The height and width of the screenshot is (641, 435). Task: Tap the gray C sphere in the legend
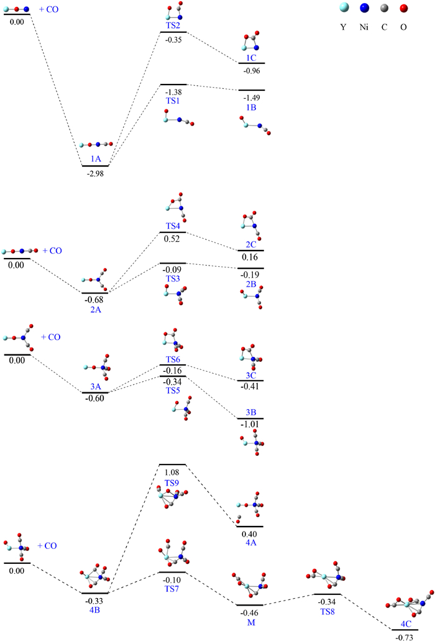(x=387, y=9)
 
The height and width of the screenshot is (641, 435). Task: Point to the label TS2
(x=173, y=26)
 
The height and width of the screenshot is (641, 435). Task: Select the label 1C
(x=251, y=57)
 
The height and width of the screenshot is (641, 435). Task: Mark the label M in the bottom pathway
(x=250, y=622)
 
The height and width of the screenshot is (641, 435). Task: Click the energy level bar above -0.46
(x=250, y=604)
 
